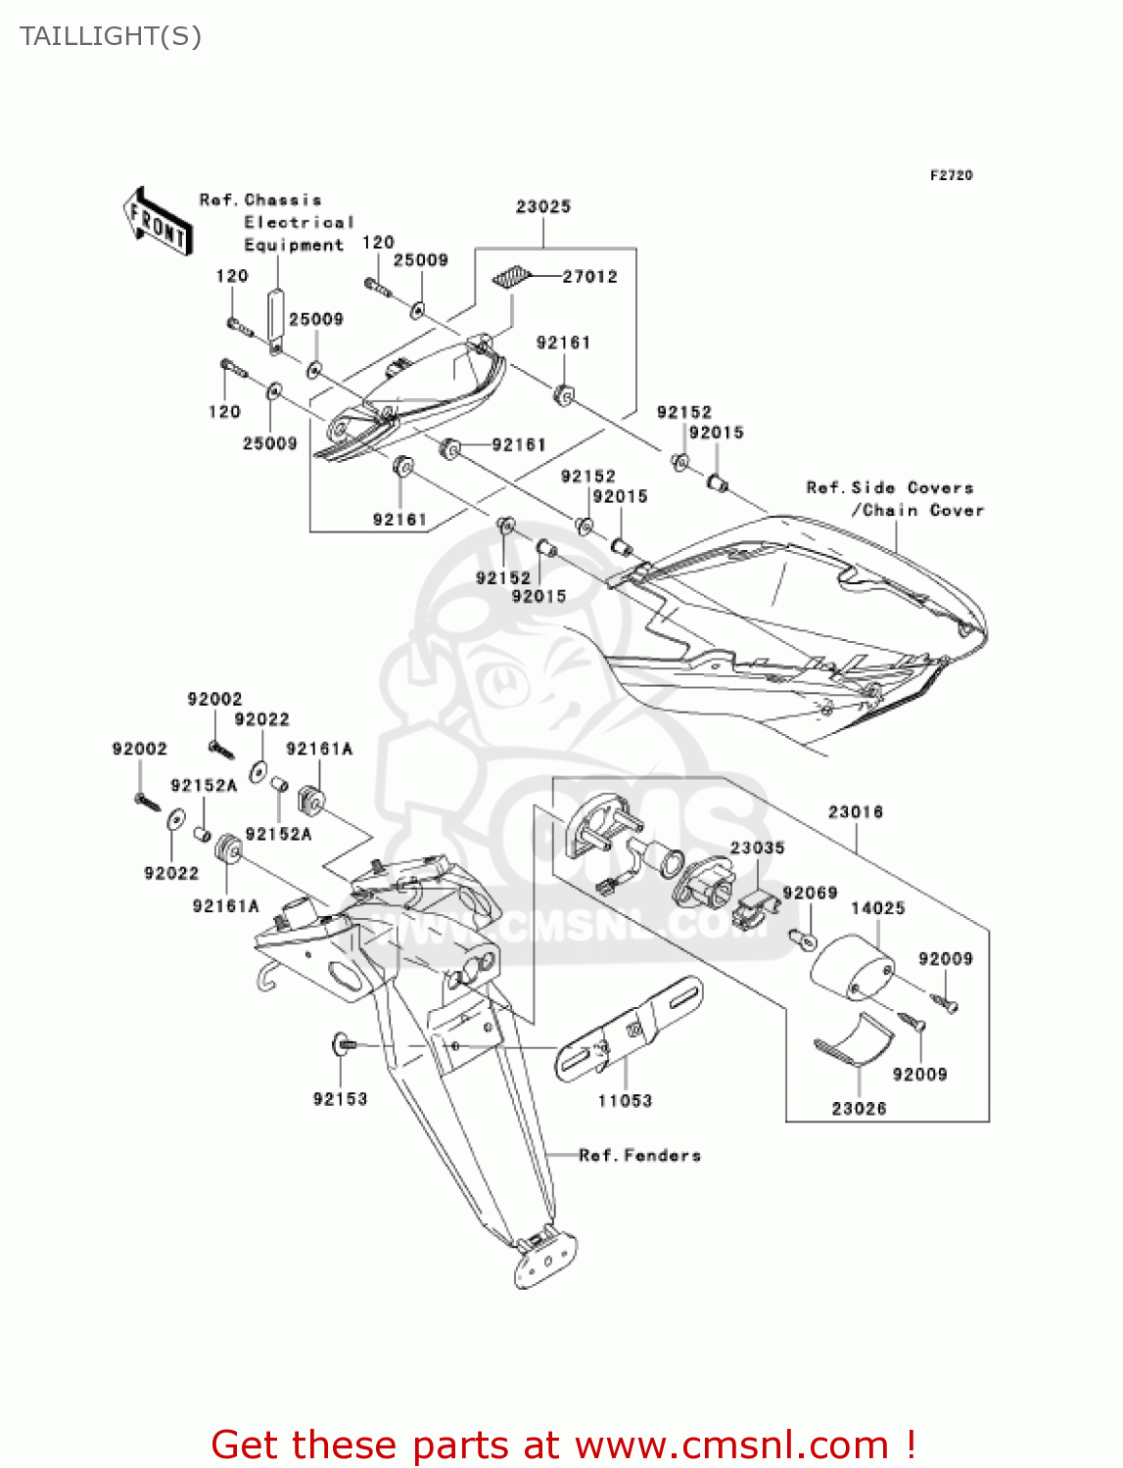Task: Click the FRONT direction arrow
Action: pos(157,221)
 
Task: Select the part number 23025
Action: pos(542,206)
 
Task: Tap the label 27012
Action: pos(589,277)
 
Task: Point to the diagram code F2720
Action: pos(951,175)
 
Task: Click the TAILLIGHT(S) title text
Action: pos(111,36)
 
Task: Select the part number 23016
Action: pos(855,811)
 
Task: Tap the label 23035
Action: pos(757,848)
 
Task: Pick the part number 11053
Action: pos(625,1101)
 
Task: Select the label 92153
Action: pos(340,1099)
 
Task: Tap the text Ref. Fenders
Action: pos(639,1156)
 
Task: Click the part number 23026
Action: pos(859,1109)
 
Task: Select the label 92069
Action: pos(810,893)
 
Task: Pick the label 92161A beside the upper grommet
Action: pos(319,749)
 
